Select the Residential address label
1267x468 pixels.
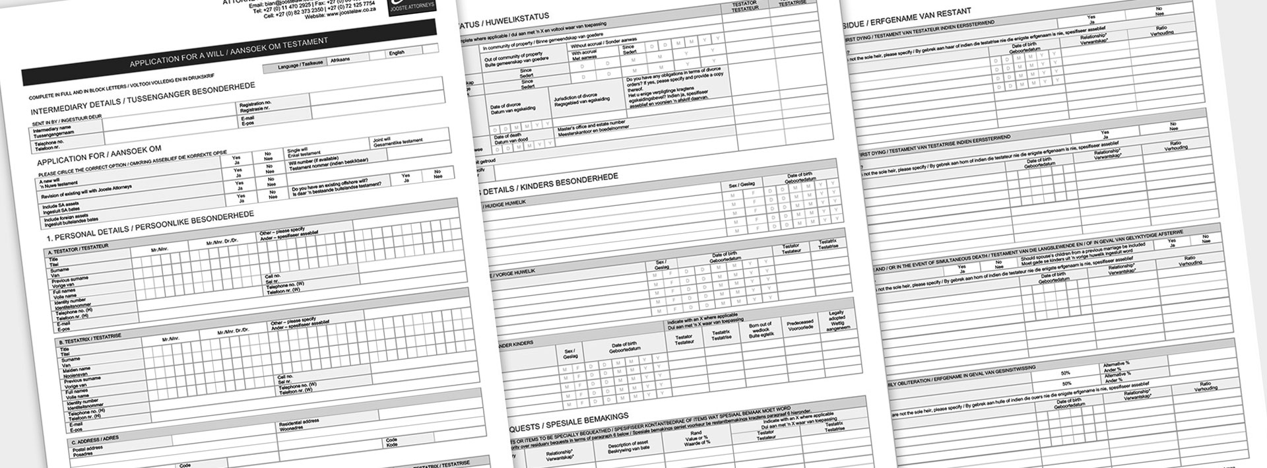point(301,422)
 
